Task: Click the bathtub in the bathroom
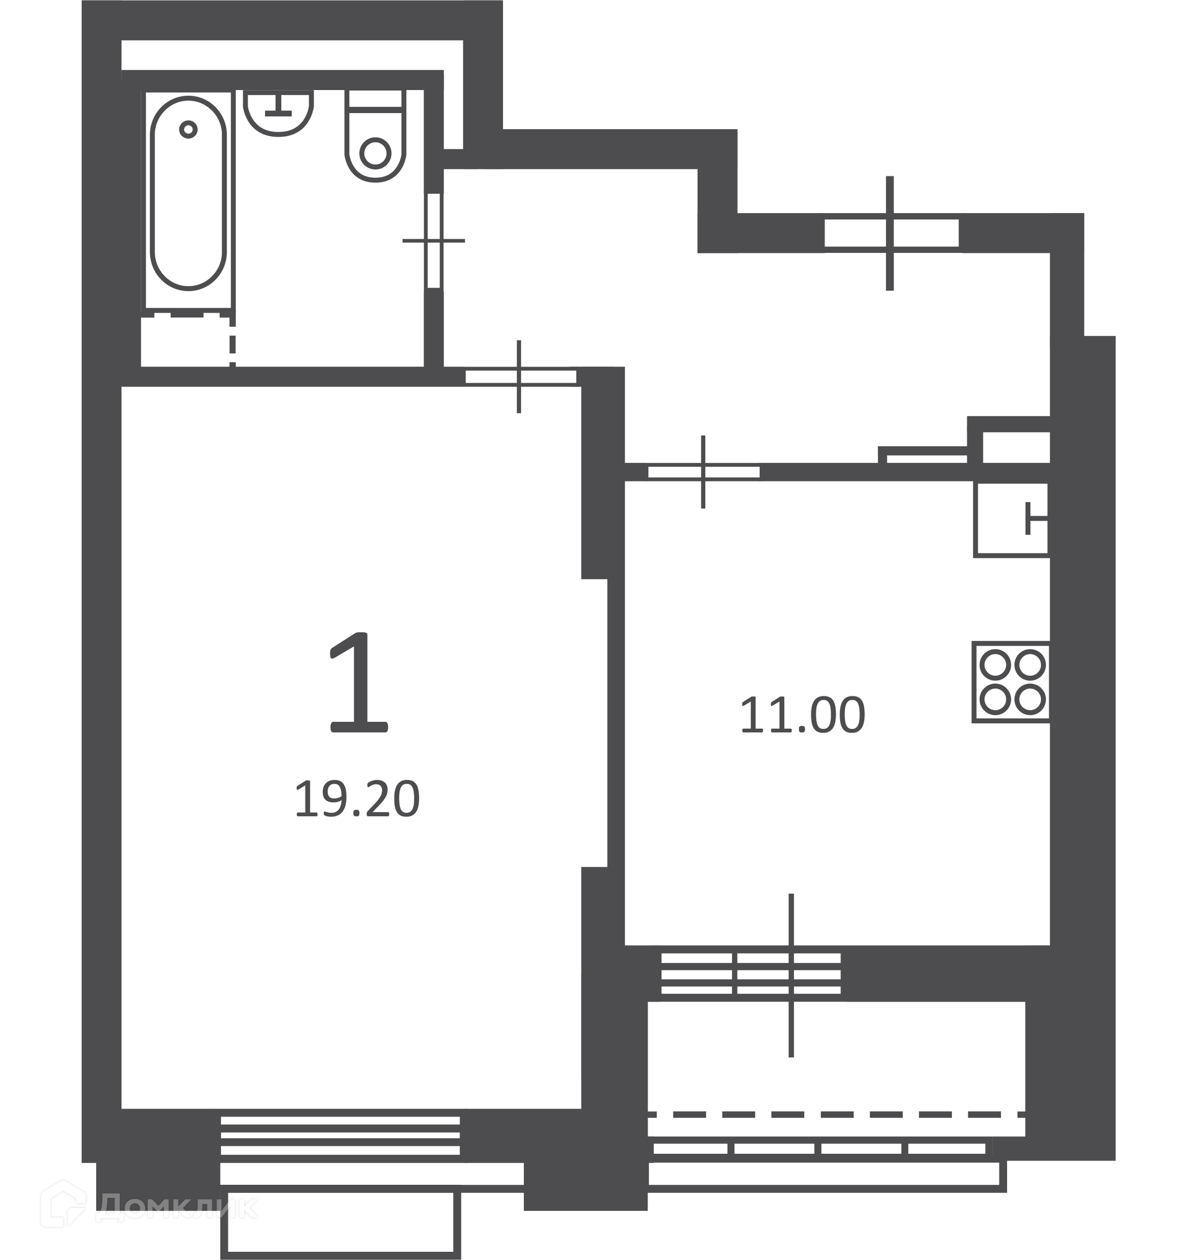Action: coord(189,193)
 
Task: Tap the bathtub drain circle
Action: coord(188,130)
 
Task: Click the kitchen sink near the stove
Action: coord(1011,519)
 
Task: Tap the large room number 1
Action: coord(358,683)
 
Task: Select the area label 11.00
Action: coord(803,715)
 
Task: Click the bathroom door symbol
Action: coord(434,240)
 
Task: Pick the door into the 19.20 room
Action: coord(520,377)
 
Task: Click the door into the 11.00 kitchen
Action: coord(703,472)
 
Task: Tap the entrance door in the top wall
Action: coord(891,232)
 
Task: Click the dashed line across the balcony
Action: coord(836,1115)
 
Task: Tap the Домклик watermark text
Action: coord(179,1207)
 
